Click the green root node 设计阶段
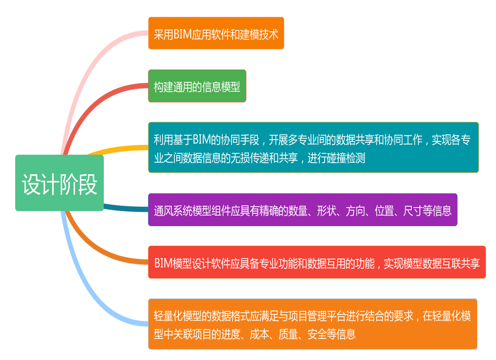[x=60, y=183]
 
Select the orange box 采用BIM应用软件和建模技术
[x=216, y=33]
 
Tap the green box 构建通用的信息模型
[x=197, y=86]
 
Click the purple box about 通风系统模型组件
[x=303, y=210]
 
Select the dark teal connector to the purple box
[x=126, y=208]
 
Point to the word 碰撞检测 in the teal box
[x=346, y=158]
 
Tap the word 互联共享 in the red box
[x=461, y=264]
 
